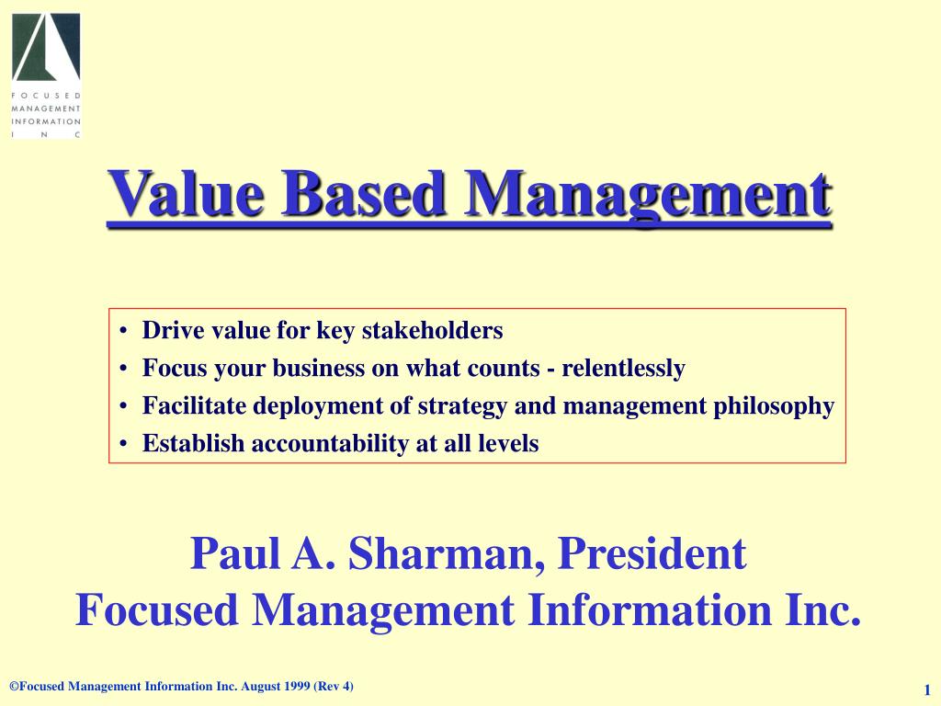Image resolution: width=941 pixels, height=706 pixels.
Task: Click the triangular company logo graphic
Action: click(x=46, y=48)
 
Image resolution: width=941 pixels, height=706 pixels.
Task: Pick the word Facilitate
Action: click(x=195, y=406)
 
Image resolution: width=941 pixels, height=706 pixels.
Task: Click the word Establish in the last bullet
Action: click(x=194, y=444)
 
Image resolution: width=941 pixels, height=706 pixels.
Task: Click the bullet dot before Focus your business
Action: click(x=123, y=370)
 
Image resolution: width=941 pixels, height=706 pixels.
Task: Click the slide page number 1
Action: click(x=928, y=690)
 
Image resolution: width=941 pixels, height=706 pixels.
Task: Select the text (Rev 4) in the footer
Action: click(x=334, y=687)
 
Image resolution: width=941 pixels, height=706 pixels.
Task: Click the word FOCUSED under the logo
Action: click(x=46, y=96)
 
